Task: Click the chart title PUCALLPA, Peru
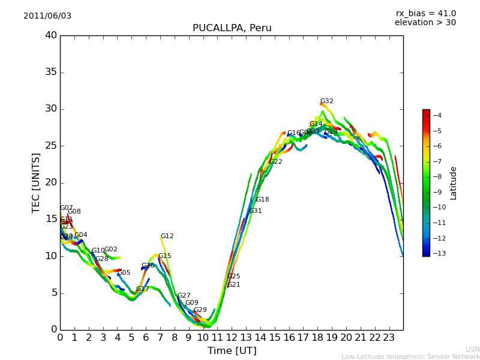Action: (232, 28)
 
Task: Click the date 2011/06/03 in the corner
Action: (47, 16)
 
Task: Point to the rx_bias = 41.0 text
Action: (425, 14)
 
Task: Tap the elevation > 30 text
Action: (425, 23)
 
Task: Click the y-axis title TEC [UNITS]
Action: (36, 182)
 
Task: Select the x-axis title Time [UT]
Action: (232, 351)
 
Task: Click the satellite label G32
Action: (326, 101)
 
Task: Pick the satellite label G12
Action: (167, 236)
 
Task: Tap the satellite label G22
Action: (275, 162)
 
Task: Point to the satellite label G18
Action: (262, 200)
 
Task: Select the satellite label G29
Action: (200, 310)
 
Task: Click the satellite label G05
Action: (124, 273)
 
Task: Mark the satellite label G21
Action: (233, 285)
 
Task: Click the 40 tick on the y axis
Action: (51, 35)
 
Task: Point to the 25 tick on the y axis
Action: (51, 146)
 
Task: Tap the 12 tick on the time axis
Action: (232, 338)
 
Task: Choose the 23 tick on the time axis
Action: (389, 338)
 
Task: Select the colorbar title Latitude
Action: (454, 182)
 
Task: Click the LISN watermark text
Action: (472, 349)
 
